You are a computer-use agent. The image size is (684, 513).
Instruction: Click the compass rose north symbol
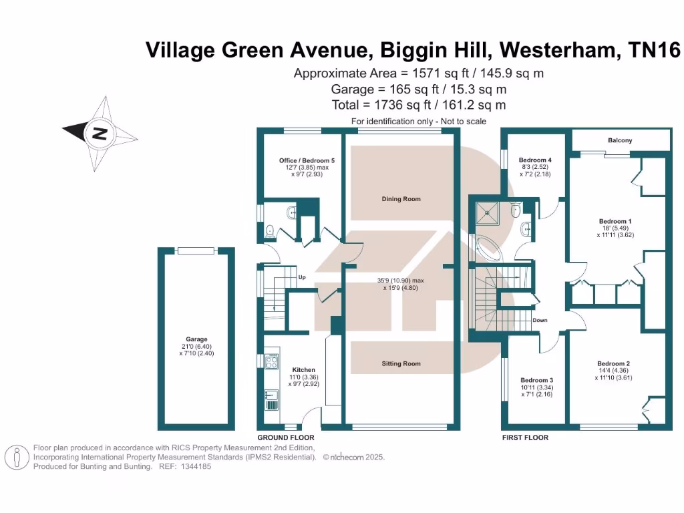100,132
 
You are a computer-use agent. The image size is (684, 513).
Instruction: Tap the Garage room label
197,339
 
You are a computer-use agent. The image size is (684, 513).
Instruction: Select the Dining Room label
401,199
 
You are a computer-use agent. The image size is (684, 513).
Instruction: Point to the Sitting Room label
401,363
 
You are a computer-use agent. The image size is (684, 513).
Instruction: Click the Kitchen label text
304,369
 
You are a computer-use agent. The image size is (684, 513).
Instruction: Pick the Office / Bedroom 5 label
307,161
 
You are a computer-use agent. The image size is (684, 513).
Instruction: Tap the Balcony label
620,140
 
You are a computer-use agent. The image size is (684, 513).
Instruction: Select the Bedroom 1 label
615,221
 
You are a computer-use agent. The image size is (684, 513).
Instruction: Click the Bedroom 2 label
613,363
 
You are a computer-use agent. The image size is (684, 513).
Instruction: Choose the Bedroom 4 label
536,160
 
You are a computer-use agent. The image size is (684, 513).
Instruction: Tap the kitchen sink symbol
273,399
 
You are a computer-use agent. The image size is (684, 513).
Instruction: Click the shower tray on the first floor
487,213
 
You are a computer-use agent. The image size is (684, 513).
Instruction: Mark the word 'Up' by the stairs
302,277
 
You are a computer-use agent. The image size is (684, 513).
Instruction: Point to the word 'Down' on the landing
540,320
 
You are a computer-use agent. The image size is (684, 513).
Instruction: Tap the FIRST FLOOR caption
525,438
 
